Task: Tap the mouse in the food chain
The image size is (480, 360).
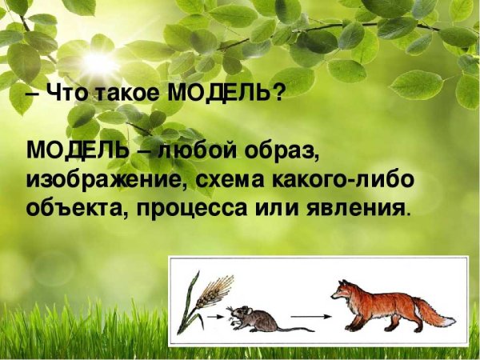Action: pyautogui.click(x=256, y=318)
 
